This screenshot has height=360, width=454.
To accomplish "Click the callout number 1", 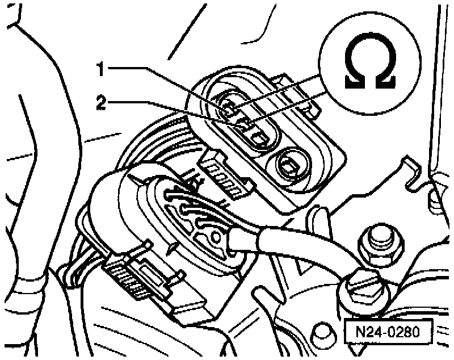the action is point(100,70).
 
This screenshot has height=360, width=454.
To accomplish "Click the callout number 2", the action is point(100,103).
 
